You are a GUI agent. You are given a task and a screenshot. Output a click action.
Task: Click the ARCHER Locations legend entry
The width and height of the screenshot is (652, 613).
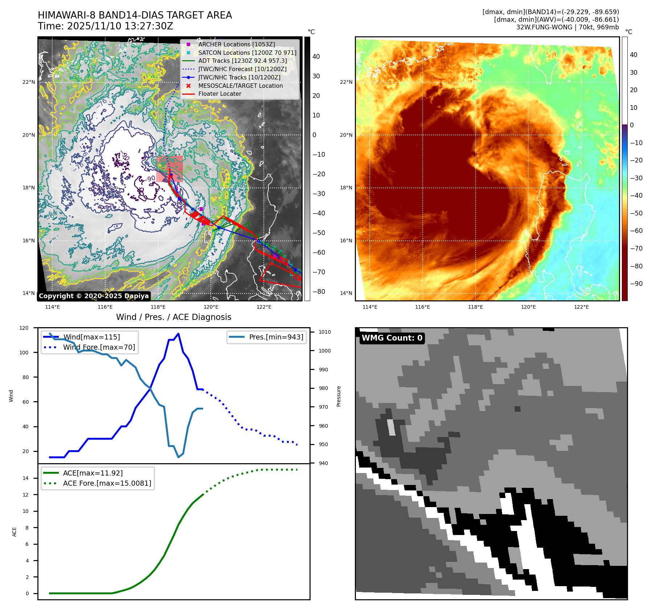236,44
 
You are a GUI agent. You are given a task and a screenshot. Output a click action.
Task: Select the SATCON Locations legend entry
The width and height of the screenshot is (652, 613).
247,53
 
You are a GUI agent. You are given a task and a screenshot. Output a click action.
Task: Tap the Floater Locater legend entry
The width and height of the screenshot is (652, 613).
220,94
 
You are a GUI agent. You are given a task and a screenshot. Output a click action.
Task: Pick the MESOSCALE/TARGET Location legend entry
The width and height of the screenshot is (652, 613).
240,86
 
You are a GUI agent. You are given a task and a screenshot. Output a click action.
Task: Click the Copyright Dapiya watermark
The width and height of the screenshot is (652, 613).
94,296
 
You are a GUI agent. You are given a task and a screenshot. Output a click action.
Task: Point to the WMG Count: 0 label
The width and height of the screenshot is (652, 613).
392,338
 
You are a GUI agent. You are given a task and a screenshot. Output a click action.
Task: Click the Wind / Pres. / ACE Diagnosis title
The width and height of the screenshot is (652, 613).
173,317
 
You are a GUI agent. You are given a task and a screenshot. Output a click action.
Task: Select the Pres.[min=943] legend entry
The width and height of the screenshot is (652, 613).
276,337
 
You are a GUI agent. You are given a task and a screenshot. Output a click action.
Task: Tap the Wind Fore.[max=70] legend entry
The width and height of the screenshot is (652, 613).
99,347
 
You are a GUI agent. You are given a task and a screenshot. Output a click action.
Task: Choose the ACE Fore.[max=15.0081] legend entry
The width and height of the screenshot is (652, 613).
107,483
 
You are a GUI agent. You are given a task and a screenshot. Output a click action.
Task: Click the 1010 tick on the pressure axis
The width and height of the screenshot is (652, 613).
324,332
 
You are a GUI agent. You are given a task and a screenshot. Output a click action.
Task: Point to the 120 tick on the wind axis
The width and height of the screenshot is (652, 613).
24,328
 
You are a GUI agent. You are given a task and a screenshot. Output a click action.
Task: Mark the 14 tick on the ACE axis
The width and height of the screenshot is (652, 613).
26,478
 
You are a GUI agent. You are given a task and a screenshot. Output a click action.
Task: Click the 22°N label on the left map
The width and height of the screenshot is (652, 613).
29,82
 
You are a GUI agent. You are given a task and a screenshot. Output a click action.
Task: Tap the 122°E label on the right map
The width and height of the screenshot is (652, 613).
581,307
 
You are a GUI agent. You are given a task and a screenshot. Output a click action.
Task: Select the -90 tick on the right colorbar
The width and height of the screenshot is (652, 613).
636,284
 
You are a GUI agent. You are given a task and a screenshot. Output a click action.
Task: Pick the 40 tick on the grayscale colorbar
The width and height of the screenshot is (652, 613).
316,57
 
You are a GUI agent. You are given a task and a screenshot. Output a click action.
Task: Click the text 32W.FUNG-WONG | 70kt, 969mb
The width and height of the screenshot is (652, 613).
567,27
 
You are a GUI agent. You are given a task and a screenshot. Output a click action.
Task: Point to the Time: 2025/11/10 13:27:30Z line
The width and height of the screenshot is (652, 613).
105,26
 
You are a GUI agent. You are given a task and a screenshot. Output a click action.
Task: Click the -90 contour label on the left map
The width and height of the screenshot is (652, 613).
151,179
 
